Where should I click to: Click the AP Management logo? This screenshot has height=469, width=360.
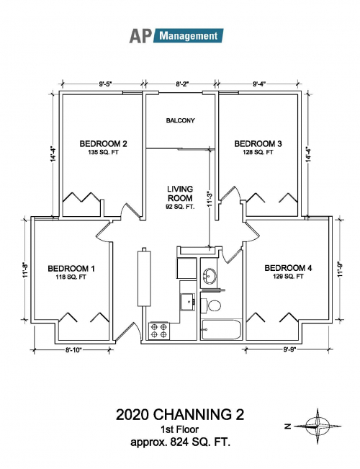coord(176,36)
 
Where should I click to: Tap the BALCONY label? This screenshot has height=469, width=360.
coord(180,120)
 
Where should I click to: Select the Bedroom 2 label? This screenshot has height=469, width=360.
coord(103,144)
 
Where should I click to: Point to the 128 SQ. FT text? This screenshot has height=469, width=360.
coord(258,152)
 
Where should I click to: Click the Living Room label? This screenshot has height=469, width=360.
coord(180,194)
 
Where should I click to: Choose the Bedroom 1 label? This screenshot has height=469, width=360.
coord(71,269)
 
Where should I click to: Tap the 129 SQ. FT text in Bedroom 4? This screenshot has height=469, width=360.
coord(288,277)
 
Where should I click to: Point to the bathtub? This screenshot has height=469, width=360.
coord(221,329)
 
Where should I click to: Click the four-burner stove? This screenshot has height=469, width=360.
coord(159,331)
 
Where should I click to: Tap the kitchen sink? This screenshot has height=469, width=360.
coord(188,301)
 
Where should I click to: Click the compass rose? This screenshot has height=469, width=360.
coord(317,426)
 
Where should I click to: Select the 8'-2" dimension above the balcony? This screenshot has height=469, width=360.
coord(181,84)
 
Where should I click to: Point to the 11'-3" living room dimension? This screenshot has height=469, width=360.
coord(210,200)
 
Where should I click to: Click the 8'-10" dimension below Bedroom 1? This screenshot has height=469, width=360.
coord(73,350)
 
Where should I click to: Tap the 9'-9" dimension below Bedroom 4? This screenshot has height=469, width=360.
coord(288,350)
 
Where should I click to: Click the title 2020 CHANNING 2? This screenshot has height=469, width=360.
coord(180,415)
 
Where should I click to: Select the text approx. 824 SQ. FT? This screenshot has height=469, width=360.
coord(180,442)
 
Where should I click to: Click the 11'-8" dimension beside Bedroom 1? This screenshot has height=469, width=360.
coord(26,270)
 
